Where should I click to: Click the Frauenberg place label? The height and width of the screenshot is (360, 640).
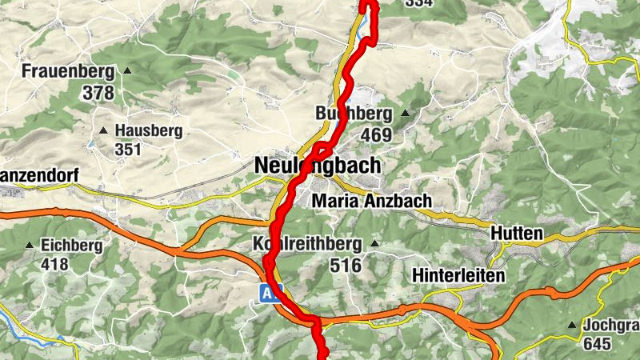68,71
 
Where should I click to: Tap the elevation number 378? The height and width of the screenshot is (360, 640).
98,93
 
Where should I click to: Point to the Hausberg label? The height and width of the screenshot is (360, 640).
149,130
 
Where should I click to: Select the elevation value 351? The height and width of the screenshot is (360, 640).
127,150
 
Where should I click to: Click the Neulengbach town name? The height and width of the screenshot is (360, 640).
318,166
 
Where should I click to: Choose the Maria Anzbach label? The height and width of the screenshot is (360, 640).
372,201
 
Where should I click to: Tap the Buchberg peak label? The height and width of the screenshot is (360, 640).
354,114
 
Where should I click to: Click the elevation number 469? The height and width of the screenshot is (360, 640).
376,134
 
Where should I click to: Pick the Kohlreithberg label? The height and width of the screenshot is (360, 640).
307,243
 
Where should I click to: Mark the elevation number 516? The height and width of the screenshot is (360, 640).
346,265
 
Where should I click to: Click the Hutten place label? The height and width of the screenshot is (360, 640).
517,234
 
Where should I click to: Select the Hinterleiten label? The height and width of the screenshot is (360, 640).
458,276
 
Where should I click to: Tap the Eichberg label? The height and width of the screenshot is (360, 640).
71,245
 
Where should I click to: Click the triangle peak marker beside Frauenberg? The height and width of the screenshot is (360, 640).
126,71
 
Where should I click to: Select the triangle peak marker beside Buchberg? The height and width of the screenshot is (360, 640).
405,114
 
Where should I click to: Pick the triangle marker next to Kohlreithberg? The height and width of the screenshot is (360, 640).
373,243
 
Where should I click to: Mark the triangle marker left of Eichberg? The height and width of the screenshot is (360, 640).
30,245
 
